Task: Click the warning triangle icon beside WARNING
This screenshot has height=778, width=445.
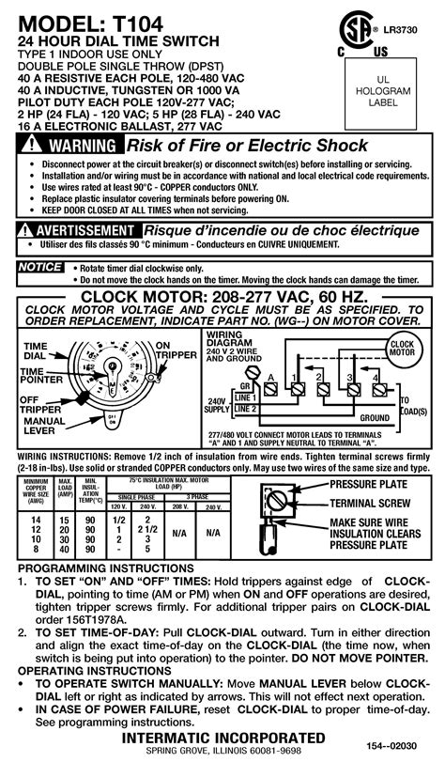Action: click(34, 147)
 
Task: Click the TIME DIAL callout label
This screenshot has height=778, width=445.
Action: click(35, 350)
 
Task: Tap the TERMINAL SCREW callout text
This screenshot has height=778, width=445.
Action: click(373, 503)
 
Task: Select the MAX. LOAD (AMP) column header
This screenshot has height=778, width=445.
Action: click(66, 488)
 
